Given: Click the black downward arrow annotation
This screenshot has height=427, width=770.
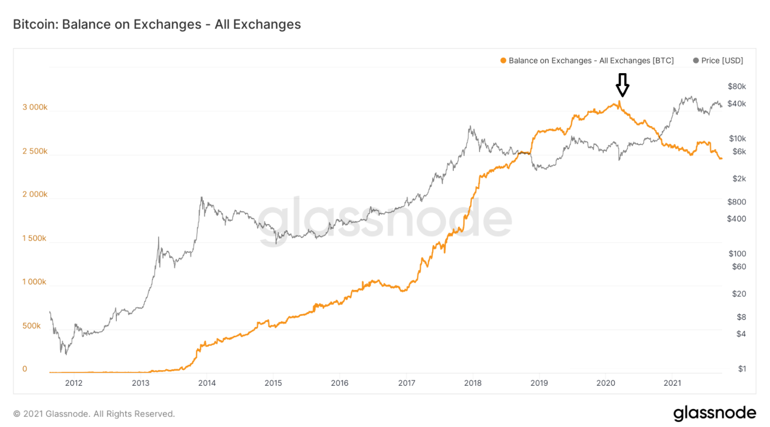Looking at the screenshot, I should (x=622, y=84).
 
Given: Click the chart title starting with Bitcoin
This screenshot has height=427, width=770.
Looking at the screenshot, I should (x=157, y=24).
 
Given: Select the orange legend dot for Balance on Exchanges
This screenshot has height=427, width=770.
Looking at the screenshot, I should (x=503, y=61).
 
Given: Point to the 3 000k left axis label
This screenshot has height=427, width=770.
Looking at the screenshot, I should (x=35, y=107).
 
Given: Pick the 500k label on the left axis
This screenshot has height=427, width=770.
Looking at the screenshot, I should (x=31, y=326).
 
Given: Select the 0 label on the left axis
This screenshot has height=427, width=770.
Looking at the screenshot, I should (x=25, y=369).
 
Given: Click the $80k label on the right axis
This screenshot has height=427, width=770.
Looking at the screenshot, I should (x=737, y=86).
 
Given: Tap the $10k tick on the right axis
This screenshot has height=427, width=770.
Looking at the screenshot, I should (x=737, y=139).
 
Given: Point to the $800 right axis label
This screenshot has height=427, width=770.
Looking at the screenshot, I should (x=737, y=202).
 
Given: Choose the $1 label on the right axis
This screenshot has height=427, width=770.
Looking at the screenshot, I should (x=742, y=369).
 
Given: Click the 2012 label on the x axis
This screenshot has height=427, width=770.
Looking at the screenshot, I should (x=74, y=383).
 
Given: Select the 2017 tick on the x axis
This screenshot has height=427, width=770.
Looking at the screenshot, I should (x=406, y=383).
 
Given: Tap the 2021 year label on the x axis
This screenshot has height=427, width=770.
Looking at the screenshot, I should (x=672, y=383).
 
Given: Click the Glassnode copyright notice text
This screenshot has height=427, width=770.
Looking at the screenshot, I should (x=94, y=414).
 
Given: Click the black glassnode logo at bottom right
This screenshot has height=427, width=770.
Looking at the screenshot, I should (x=714, y=413).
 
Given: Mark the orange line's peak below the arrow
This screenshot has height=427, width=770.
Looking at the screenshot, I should (x=619, y=101).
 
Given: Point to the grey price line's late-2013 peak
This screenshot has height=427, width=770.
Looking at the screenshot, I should (x=201, y=197).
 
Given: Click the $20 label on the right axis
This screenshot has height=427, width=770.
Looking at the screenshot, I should (x=739, y=294).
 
